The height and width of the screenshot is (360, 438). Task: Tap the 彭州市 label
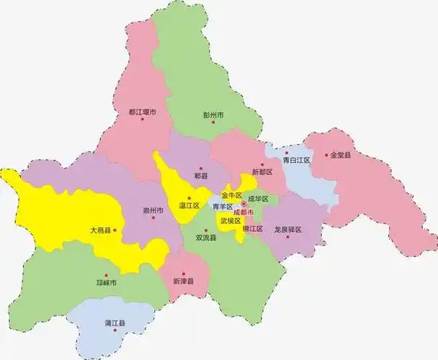pyautogui.click(x=214, y=115)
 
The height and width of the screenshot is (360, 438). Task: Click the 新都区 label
pyautogui.click(x=262, y=173)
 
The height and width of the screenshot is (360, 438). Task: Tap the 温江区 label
pyautogui.click(x=189, y=205)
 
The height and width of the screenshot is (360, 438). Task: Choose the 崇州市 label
pyautogui.click(x=153, y=210)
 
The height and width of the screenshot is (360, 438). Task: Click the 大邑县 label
pyautogui.click(x=100, y=230)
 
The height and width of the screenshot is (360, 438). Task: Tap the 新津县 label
pyautogui.click(x=184, y=282)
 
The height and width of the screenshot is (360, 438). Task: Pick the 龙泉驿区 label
pyautogui.click(x=287, y=230)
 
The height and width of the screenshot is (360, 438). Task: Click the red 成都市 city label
pyautogui.click(x=243, y=212)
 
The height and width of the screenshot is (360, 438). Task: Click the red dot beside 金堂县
pyautogui.click(x=326, y=154)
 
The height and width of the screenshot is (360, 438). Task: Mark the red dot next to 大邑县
pyautogui.click(x=115, y=230)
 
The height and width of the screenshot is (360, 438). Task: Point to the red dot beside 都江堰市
pyautogui.click(x=143, y=120)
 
